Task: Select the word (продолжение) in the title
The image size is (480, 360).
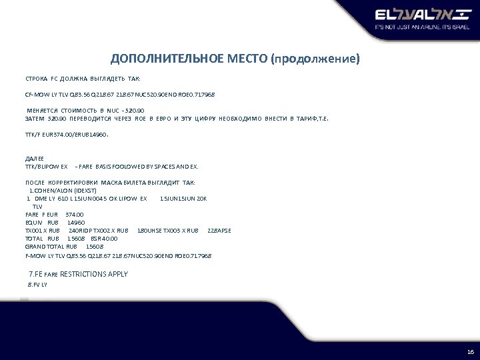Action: pos(315,59)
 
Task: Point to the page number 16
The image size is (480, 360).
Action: pos(470,351)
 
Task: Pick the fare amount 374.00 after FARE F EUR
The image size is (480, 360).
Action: pos(75,215)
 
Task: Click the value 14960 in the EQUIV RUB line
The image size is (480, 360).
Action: pos(76,222)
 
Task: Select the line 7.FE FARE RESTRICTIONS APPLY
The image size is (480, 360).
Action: pos(79,274)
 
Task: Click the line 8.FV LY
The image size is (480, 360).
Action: pos(37,284)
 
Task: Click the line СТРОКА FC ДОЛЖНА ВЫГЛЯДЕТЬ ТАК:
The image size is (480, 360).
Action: pos(78,78)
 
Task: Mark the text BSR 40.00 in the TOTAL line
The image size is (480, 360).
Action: pos(104,239)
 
